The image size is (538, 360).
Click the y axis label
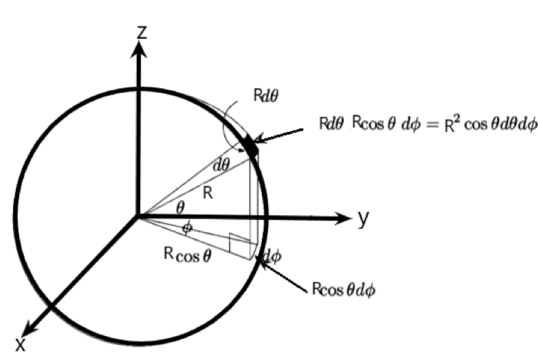point(364,219)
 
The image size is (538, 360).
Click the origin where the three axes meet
point(139,217)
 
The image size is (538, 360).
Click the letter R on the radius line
point(208,194)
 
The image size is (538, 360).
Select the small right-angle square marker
point(236,240)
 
